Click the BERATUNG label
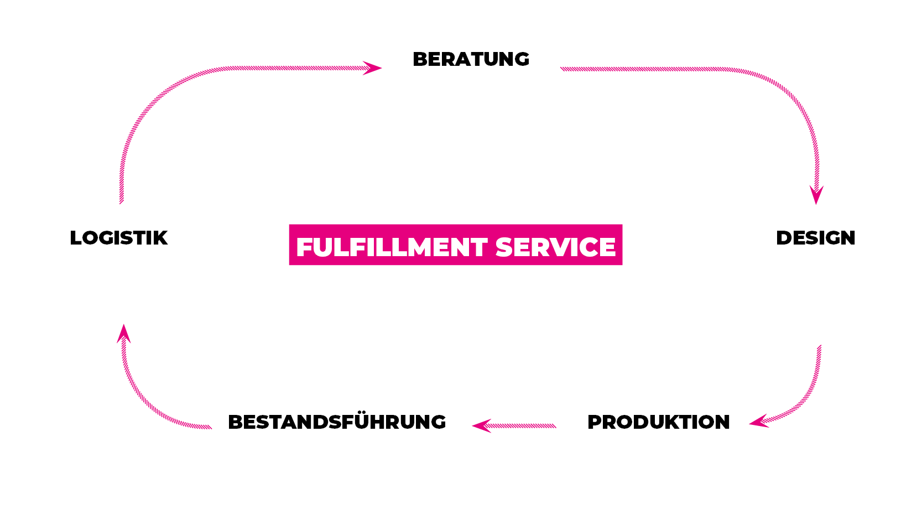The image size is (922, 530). pos(471,59)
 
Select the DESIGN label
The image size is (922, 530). pos(815,238)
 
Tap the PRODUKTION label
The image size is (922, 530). pos(659,422)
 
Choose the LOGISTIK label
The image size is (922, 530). pos(118,238)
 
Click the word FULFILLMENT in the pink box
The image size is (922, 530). pos(392,247)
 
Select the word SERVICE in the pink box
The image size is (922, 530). pos(555,247)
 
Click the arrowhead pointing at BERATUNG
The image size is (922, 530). pos(372,68)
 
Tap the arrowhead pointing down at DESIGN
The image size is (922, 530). pos(816,195)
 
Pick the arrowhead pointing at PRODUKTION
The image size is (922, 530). pos(759,421)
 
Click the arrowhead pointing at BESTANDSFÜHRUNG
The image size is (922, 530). pos(482,426)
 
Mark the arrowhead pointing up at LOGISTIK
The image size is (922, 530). pos(123,334)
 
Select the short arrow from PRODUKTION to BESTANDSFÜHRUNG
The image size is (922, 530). pos(514,426)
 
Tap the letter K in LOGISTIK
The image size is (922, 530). pos(160,238)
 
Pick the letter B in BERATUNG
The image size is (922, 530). pos(420,59)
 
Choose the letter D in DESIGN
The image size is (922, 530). pos(784,238)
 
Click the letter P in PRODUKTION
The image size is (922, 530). pos(595,422)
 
